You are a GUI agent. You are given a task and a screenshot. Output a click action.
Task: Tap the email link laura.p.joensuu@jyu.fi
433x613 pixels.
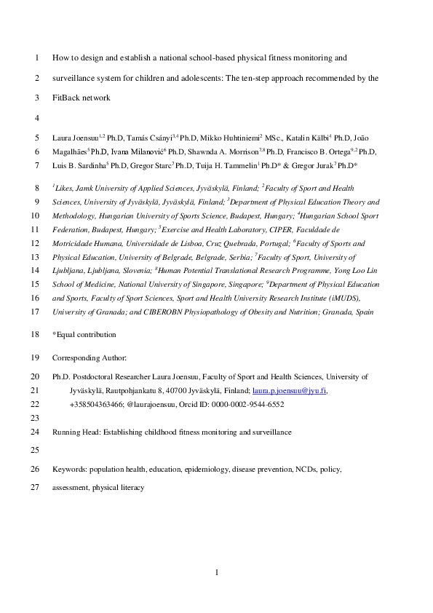click(x=289, y=391)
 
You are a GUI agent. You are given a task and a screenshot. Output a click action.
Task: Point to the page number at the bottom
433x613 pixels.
click(x=217, y=574)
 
